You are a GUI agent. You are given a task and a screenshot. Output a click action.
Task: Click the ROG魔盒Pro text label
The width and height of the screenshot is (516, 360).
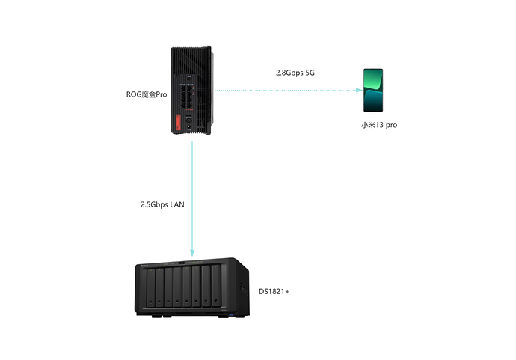[x=146, y=94]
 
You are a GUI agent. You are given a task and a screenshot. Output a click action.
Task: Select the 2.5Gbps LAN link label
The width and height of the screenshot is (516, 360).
[x=162, y=204]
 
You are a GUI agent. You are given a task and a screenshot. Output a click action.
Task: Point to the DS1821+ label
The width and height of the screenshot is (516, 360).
[x=274, y=290]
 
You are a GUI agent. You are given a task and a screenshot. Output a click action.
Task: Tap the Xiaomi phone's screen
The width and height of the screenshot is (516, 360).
[x=374, y=90]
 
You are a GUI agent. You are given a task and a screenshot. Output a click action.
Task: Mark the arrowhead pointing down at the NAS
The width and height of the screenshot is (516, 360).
[x=192, y=252]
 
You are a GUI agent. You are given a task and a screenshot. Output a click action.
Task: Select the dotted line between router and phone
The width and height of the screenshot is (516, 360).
[x=284, y=91]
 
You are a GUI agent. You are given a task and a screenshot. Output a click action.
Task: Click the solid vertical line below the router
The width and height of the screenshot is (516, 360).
[x=192, y=195]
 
